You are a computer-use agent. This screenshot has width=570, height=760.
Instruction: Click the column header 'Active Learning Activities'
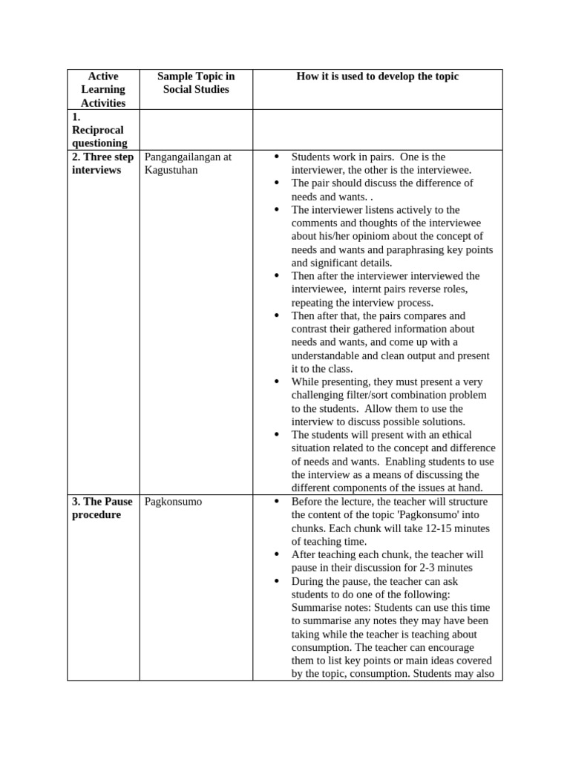tap(103, 90)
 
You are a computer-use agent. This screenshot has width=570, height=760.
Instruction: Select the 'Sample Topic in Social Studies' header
tap(196, 83)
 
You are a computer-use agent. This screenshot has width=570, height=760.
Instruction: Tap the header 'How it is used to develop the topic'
tap(378, 76)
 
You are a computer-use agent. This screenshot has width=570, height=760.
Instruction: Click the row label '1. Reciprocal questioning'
tap(99, 130)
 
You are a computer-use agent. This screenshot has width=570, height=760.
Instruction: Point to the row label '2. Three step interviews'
tap(103, 163)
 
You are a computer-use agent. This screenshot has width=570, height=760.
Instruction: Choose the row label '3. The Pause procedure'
tap(102, 508)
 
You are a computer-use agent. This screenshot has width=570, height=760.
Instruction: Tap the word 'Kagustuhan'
tap(171, 170)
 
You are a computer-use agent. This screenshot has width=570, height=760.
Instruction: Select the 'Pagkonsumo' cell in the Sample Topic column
tap(173, 502)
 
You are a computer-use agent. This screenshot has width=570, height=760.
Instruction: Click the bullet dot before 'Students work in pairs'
tap(276, 157)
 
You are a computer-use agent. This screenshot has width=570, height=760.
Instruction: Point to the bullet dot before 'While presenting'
tap(276, 381)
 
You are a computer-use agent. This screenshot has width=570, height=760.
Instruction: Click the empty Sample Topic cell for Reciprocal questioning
tap(196, 130)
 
